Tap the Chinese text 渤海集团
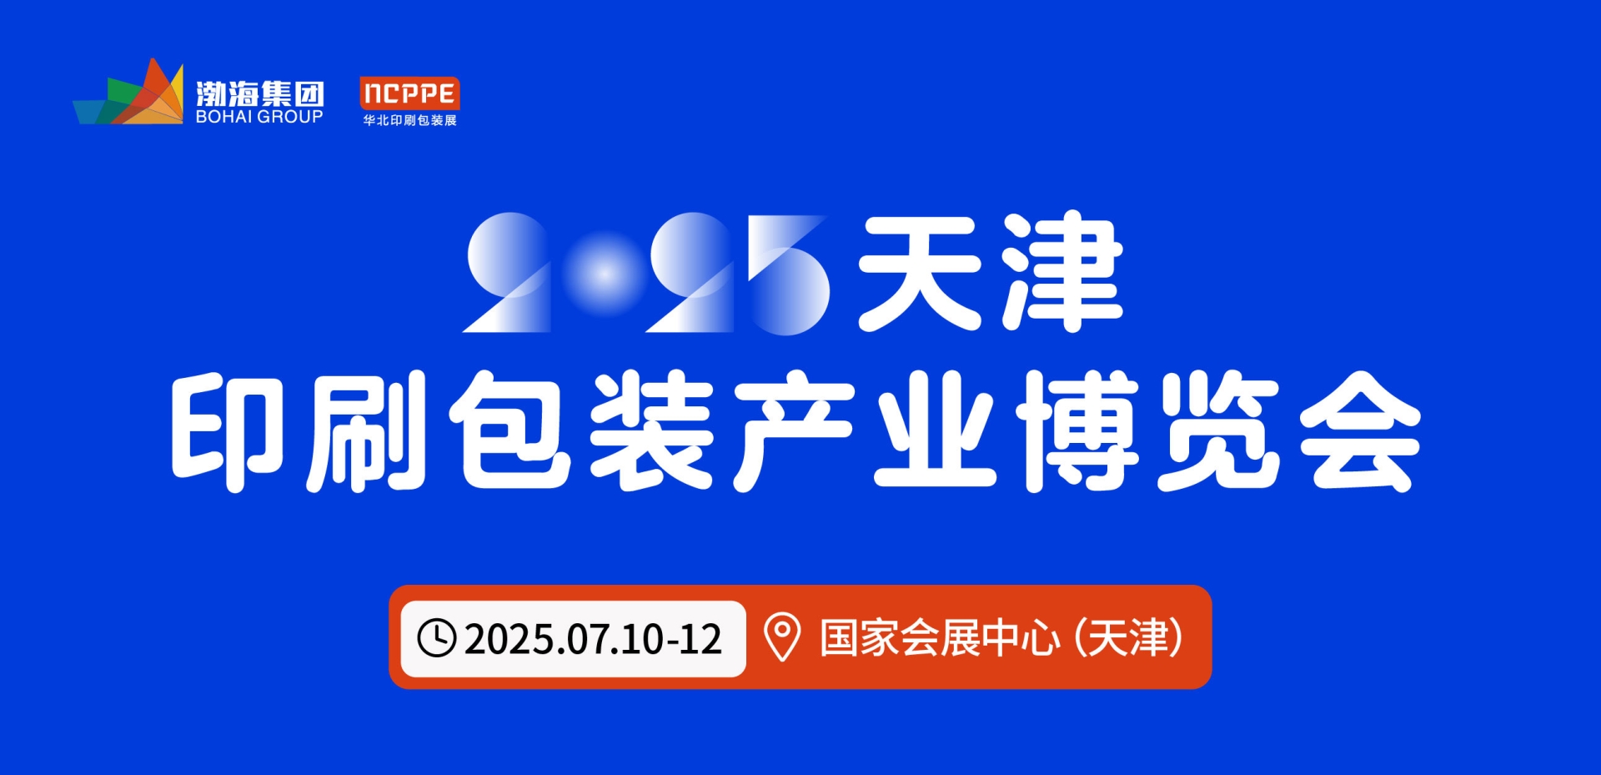coord(259,93)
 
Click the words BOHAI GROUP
coord(259,117)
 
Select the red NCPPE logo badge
coord(409,93)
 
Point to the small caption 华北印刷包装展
coord(409,120)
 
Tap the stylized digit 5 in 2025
coord(787,274)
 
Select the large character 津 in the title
coord(1062,271)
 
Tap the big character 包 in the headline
coord(509,430)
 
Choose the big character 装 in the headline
coord(651,430)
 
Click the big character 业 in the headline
coord(935,432)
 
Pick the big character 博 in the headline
coord(1077,430)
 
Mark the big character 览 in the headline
coord(1218,430)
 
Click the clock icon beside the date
coord(436,638)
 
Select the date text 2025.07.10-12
coord(593,639)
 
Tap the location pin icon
coord(782,638)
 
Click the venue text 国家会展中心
coord(940,638)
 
